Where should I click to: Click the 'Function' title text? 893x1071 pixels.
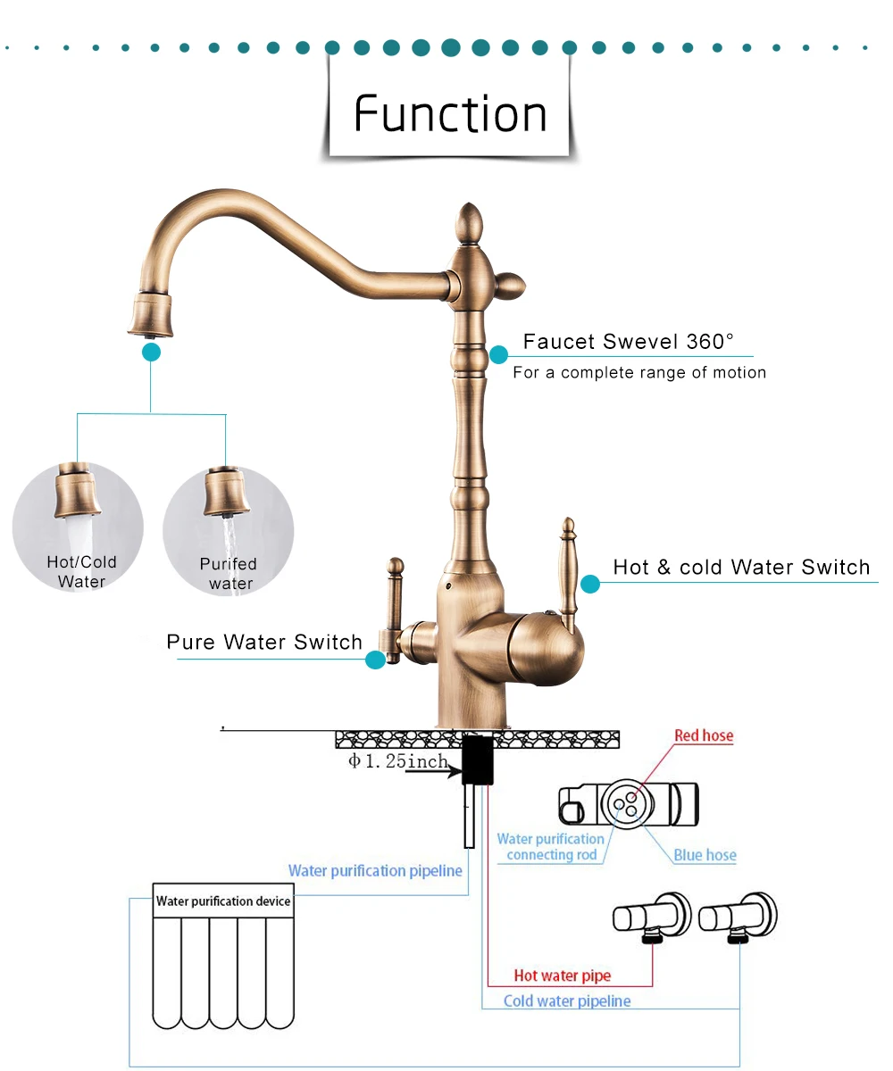pyautogui.click(x=450, y=113)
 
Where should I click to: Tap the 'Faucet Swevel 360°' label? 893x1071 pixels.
pyautogui.click(x=628, y=341)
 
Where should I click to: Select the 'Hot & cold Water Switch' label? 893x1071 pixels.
pyautogui.click(x=741, y=567)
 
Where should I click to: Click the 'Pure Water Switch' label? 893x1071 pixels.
pyautogui.click(x=264, y=642)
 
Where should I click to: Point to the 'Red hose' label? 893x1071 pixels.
pyautogui.click(x=704, y=736)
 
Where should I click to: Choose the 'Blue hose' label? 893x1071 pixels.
pyautogui.click(x=705, y=855)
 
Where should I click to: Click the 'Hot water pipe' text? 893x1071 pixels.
pyautogui.click(x=563, y=976)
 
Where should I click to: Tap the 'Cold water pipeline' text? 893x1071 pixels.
pyautogui.click(x=567, y=1000)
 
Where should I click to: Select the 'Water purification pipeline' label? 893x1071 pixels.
pyautogui.click(x=375, y=870)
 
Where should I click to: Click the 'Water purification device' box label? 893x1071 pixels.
pyautogui.click(x=223, y=901)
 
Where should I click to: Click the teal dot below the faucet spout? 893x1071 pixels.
pyautogui.click(x=151, y=353)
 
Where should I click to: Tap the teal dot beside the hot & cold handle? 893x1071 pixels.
pyautogui.click(x=589, y=585)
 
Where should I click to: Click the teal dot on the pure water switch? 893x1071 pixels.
pyautogui.click(x=376, y=660)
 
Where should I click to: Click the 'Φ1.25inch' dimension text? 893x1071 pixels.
pyautogui.click(x=397, y=761)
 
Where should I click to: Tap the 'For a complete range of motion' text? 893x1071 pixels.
pyautogui.click(x=639, y=372)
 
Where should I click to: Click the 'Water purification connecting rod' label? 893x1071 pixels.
pyautogui.click(x=551, y=847)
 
